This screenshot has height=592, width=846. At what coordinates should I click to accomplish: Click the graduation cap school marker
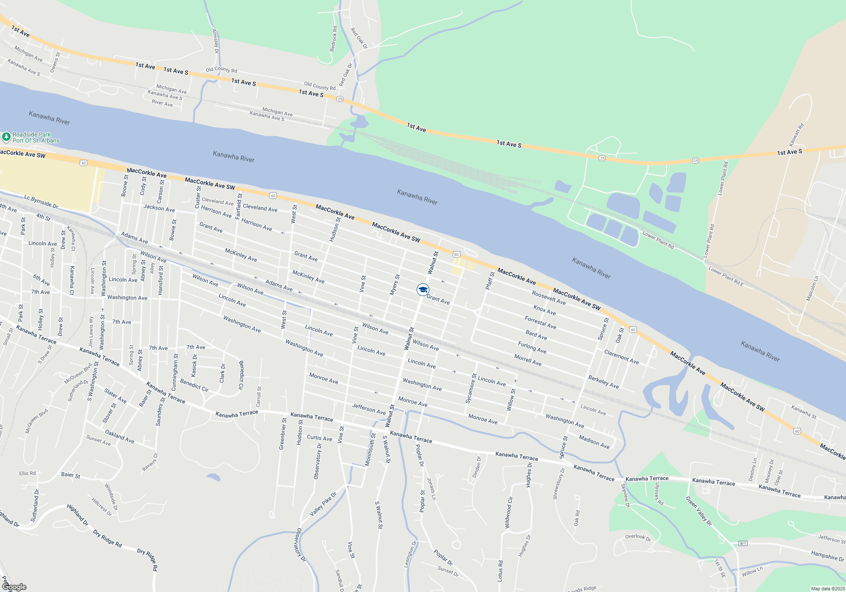[x=423, y=290]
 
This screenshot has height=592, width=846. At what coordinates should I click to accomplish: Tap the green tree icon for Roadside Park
[x=6, y=137]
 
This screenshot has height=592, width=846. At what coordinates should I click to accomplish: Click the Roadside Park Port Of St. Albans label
[x=36, y=137]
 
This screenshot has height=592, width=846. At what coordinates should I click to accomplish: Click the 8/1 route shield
[x=743, y=543]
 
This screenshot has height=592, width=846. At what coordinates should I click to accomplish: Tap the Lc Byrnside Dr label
[x=41, y=201]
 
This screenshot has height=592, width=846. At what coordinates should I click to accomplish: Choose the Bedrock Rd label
[x=333, y=39]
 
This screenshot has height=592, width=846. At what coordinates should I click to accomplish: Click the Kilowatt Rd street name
[x=797, y=135]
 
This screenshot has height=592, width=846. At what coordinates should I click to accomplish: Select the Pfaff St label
[x=490, y=281]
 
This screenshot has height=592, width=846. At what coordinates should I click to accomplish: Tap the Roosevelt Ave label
[x=549, y=298]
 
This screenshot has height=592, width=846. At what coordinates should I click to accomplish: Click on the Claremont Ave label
[x=621, y=357]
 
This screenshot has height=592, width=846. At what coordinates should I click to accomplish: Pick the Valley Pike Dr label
[x=323, y=504]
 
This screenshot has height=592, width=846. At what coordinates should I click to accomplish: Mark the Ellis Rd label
[x=27, y=473]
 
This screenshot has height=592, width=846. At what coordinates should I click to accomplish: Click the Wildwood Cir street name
[x=508, y=513]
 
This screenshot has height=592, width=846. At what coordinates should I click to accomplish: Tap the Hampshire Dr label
[x=827, y=556]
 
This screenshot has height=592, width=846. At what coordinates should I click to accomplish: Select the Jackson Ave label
[x=159, y=208]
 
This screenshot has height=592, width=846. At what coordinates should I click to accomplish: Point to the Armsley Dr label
[x=215, y=41]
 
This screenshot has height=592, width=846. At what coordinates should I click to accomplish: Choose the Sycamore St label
[x=471, y=388]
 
